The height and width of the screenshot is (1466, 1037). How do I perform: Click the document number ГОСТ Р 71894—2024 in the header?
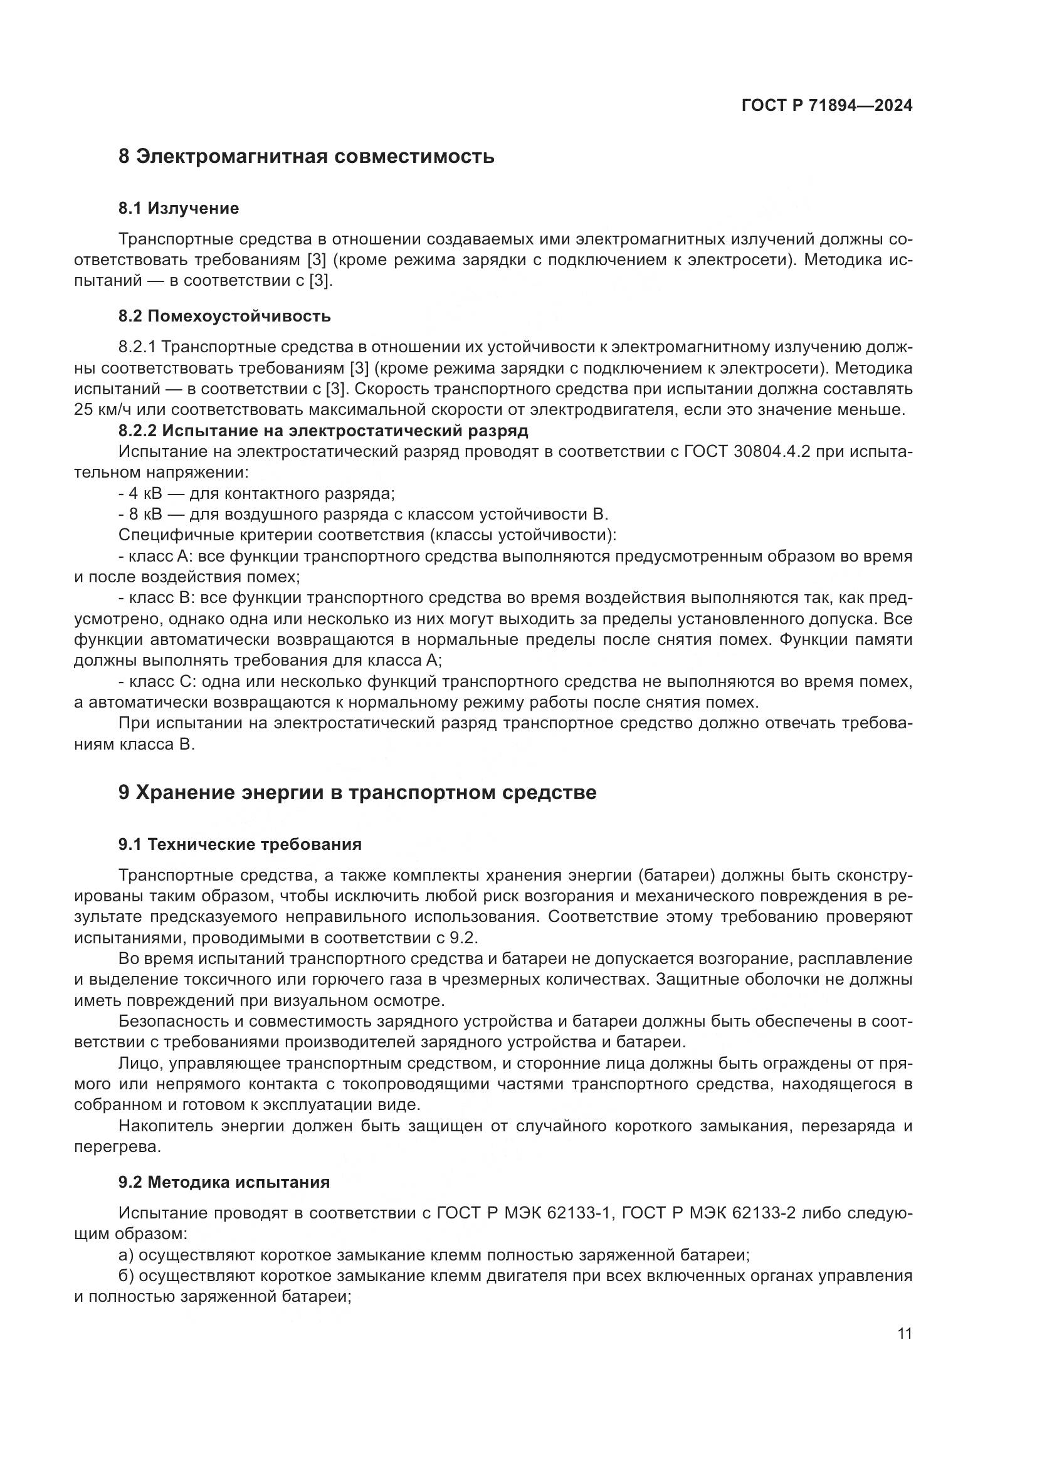coord(826,105)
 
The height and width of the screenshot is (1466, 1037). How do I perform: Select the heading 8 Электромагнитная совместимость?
coord(306,157)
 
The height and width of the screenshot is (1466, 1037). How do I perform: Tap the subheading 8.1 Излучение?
coord(178,208)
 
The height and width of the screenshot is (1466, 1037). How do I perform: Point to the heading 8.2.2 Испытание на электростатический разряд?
coord(323,431)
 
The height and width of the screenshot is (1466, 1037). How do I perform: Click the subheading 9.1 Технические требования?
coord(240,845)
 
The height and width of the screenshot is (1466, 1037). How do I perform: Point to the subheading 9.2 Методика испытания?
coord(223,1183)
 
